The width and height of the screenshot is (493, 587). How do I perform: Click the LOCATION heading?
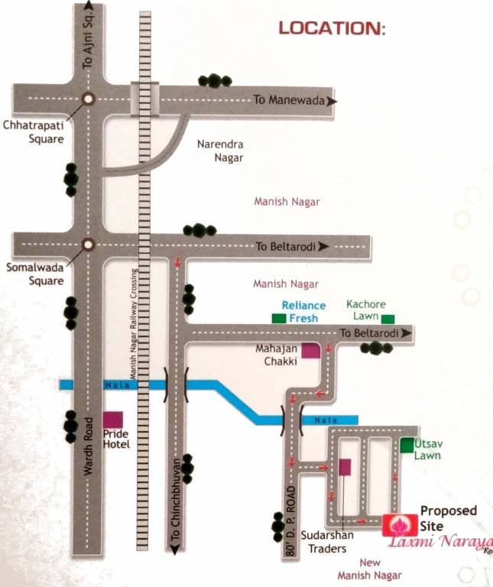click(332, 29)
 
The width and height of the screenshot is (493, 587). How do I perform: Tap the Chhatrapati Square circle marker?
click(88, 99)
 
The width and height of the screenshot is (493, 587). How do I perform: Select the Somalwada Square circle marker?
click(88, 245)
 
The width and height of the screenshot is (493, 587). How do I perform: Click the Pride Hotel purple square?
click(113, 420)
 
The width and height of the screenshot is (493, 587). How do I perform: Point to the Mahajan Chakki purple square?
click(310, 351)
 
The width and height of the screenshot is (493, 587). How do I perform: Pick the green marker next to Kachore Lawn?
click(389, 318)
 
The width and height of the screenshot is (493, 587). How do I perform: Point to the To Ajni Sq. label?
click(87, 46)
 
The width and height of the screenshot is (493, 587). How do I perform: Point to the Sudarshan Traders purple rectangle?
click(345, 467)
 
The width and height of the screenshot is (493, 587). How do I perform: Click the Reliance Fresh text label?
click(303, 311)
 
